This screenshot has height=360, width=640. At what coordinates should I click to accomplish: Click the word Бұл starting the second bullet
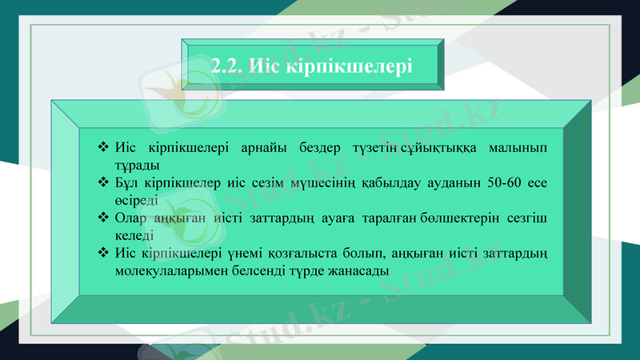[x=128, y=182]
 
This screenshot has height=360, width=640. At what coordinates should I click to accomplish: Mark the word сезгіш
[x=530, y=218]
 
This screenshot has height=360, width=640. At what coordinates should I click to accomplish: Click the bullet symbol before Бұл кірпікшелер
[x=102, y=182]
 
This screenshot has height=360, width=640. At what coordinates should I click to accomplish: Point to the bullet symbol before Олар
[x=102, y=218]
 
